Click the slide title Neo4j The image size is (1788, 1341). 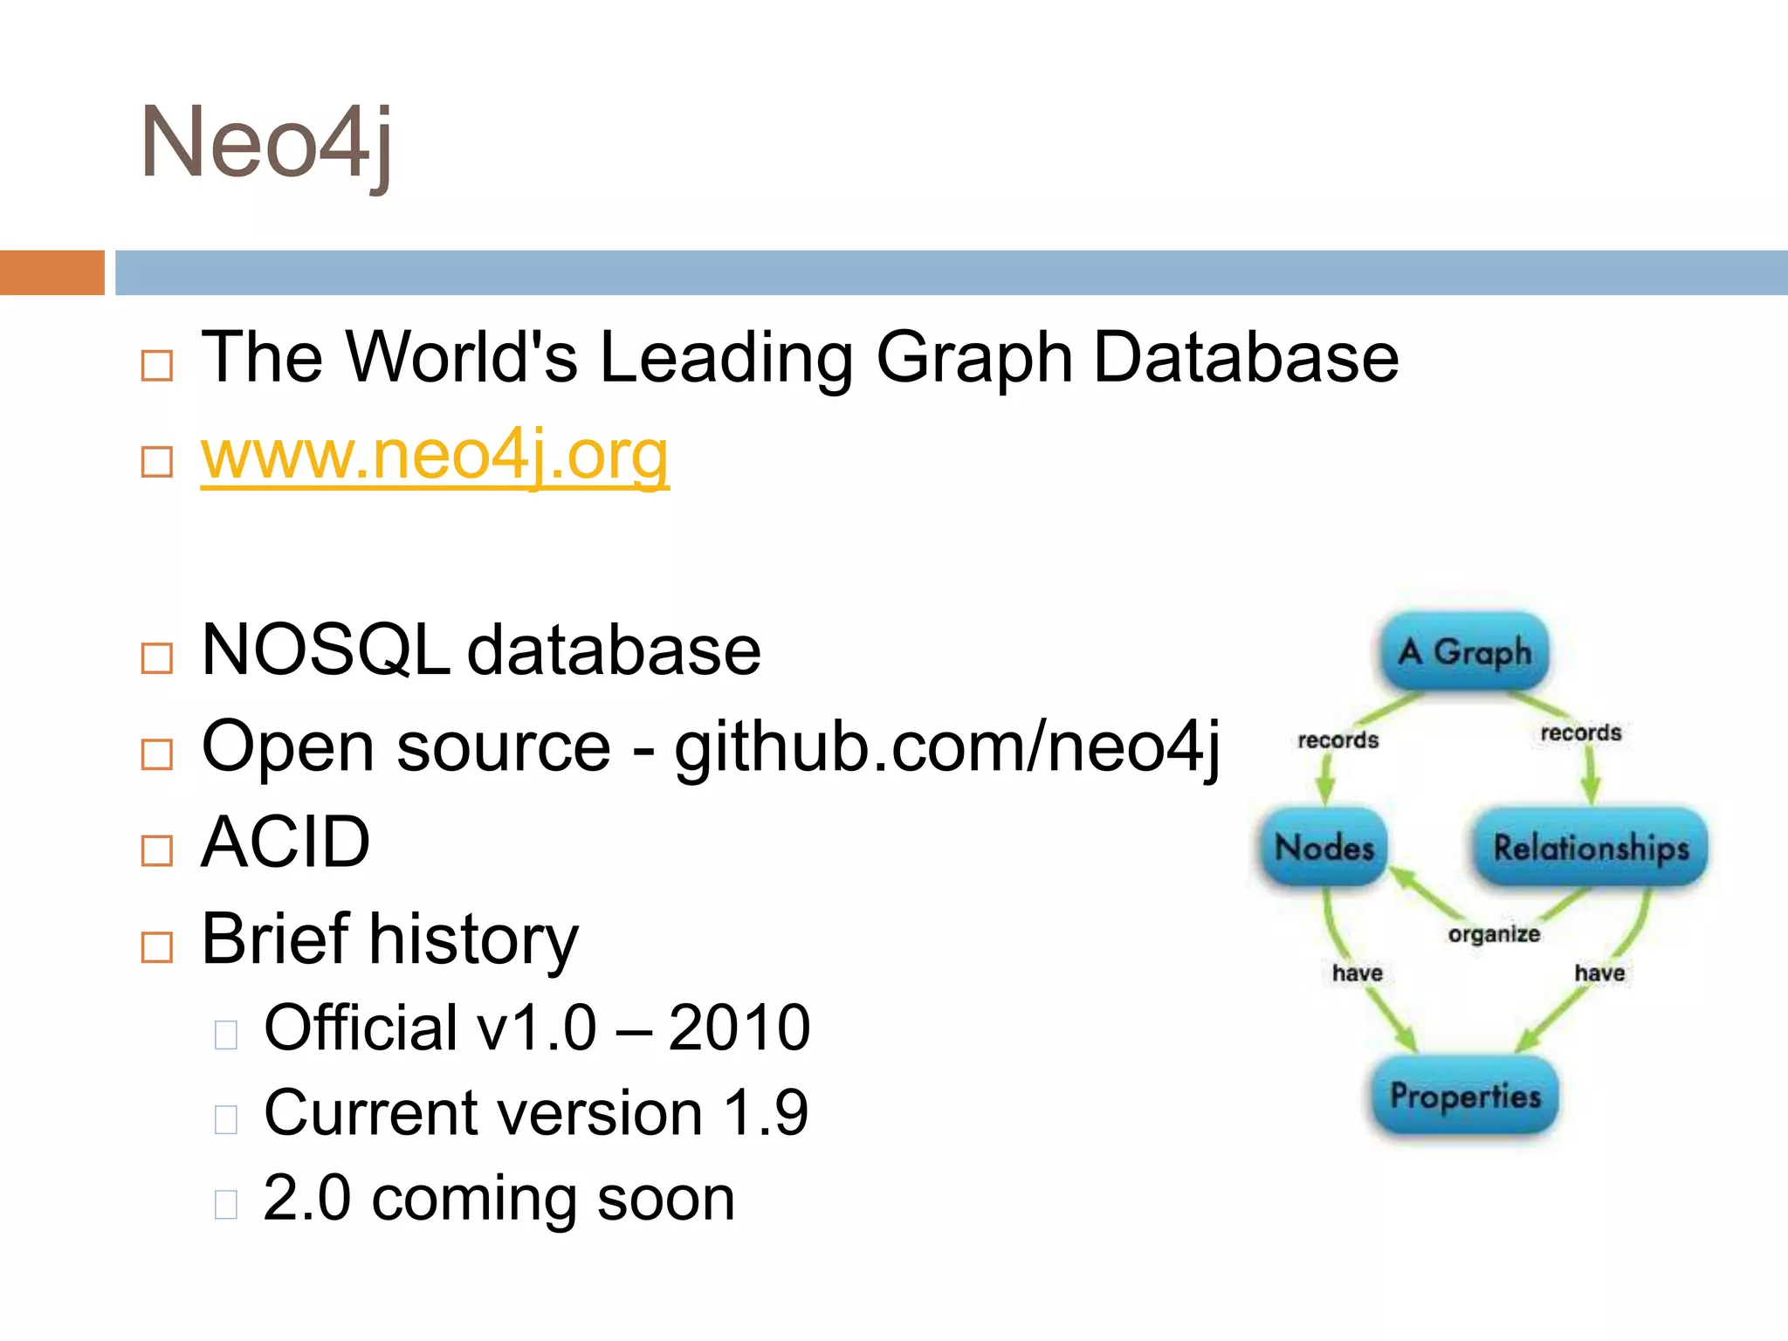266,142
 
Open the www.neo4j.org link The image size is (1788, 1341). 435,455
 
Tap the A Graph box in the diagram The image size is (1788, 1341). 1464,651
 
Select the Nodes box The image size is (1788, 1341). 1324,847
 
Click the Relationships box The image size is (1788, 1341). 1591,847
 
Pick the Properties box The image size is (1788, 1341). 1465,1096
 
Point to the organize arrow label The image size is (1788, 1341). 1494,934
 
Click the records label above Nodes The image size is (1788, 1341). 1338,740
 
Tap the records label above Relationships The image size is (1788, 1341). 1580,732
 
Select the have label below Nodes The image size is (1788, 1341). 1357,973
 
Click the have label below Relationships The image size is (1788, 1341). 1599,973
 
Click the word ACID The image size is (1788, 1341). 285,842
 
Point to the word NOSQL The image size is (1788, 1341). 325,650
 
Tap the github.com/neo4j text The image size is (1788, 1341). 947,747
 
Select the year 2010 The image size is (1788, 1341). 739,1028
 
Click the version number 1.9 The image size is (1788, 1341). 766,1113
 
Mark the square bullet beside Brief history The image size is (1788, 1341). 157,947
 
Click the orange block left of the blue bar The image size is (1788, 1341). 52,272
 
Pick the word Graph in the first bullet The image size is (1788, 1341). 973,358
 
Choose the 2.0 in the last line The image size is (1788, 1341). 306,1199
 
